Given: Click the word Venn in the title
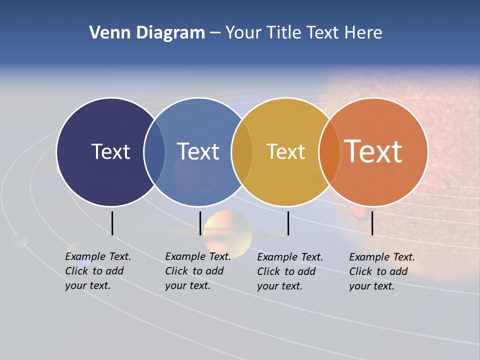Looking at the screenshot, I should coord(105,33).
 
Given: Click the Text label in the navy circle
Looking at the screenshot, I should coord(110,151).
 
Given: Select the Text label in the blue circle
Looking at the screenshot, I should coord(198,151).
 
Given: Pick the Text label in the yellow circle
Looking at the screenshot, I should coord(285,151).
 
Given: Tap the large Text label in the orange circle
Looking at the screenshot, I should coord(373,151).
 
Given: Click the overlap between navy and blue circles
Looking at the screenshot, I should coord(154,152).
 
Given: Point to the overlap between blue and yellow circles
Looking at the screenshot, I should coord(242,152).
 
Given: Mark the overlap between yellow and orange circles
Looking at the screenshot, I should coord(329,152).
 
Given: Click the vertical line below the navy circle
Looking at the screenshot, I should coord(112,223).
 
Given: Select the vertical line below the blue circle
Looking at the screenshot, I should coord(200,223).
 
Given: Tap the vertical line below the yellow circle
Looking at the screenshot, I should coord(288,223).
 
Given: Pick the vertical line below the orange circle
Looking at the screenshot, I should coord(372,223).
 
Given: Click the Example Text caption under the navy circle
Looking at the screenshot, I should coord(97,271).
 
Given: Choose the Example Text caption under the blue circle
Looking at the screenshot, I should coord(197,271).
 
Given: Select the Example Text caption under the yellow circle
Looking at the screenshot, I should coord(289,271).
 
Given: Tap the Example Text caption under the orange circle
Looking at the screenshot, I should coord(381,271).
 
